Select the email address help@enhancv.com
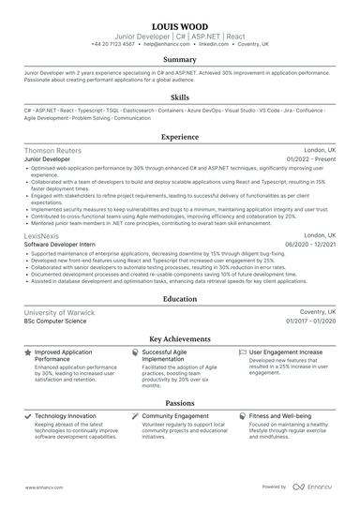[x=163, y=44]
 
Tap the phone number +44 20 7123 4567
[x=113, y=44]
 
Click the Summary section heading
[x=180, y=59]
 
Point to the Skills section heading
[x=180, y=97]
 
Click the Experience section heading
[x=180, y=137]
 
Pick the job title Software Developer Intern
[x=62, y=244]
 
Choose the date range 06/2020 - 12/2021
[x=308, y=244]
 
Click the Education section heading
[x=180, y=299]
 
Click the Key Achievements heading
[x=180, y=339]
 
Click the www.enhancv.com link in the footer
[x=42, y=487]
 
